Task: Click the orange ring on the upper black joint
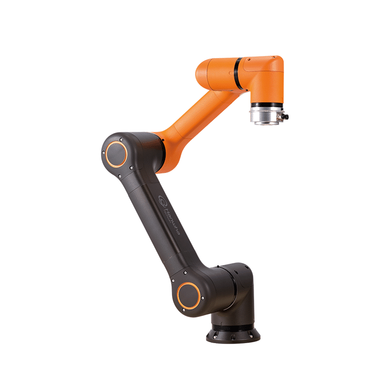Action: click(116, 154)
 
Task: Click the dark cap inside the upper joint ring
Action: click(116, 154)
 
